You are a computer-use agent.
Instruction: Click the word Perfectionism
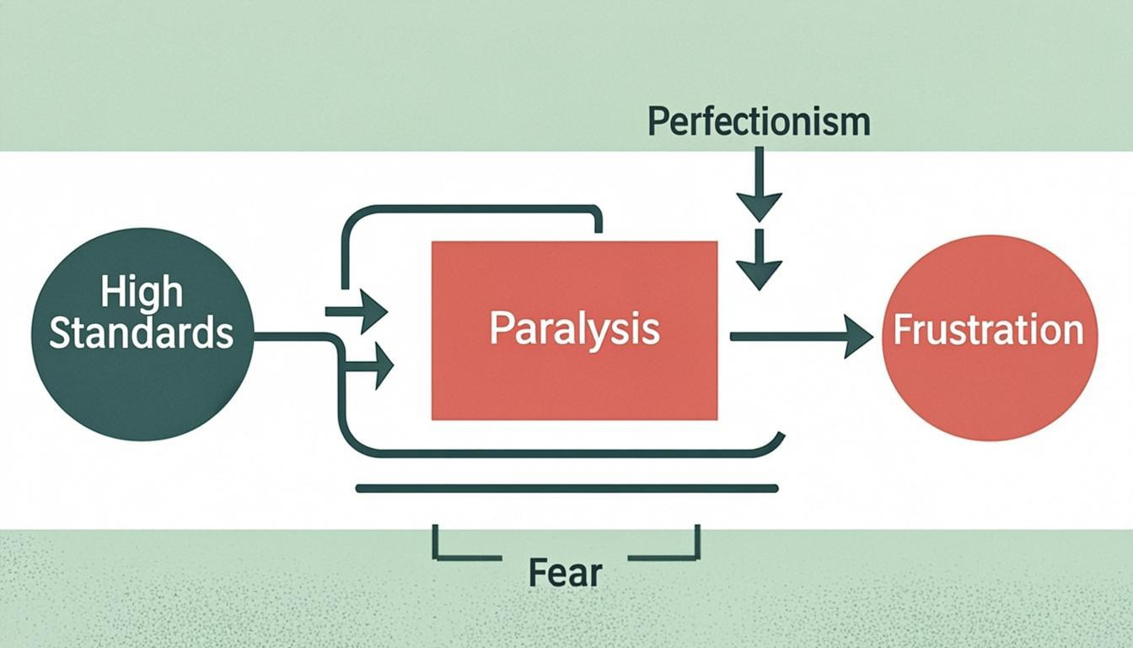click(x=759, y=122)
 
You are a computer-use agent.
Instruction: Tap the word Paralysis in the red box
click(x=574, y=328)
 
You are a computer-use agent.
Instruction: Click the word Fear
click(x=565, y=573)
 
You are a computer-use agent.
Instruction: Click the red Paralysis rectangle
click(x=574, y=380)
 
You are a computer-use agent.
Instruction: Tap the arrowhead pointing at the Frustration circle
click(x=858, y=337)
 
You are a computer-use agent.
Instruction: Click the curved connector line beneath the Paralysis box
click(x=556, y=453)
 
